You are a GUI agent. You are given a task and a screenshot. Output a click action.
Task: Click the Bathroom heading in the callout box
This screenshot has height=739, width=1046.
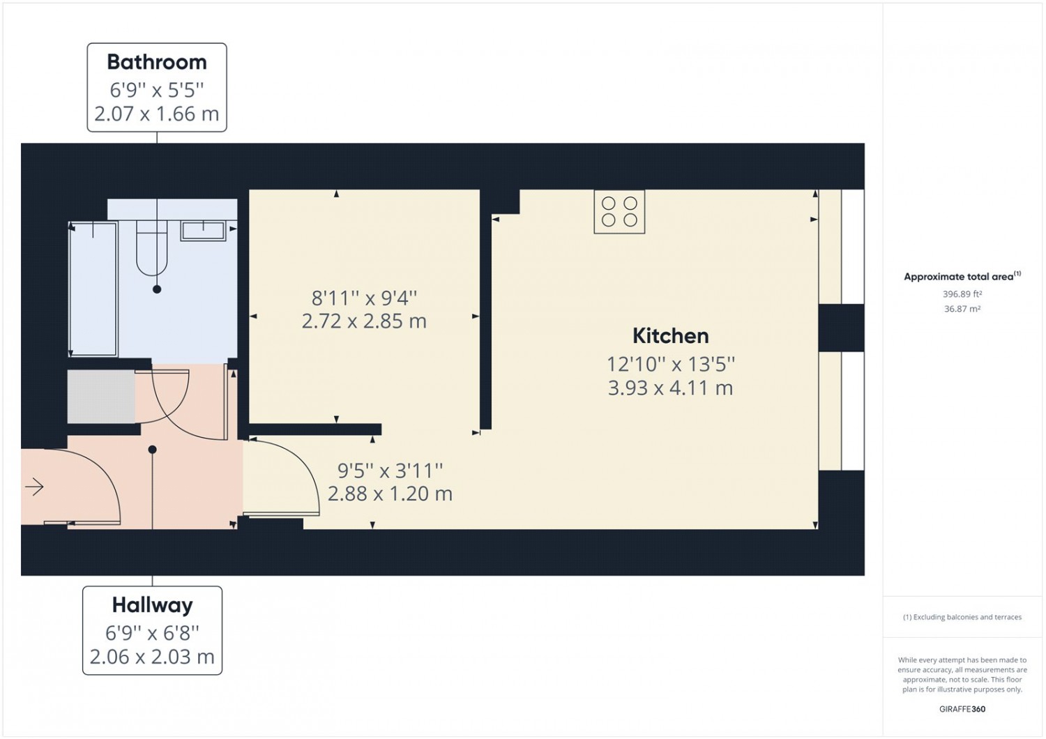click(x=157, y=62)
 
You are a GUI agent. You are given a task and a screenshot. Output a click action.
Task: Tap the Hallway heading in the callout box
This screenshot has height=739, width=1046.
click(x=152, y=605)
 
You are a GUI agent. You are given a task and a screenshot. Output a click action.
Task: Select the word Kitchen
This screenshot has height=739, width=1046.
click(x=671, y=335)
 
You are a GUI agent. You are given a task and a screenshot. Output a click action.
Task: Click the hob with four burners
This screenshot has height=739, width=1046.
click(x=619, y=211)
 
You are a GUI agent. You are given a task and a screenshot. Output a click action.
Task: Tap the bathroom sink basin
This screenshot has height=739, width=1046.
click(x=203, y=231)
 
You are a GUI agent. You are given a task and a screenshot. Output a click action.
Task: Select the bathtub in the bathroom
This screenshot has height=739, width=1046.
click(x=93, y=289)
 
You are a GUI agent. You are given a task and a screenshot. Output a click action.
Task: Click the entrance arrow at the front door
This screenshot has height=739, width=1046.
click(x=35, y=487)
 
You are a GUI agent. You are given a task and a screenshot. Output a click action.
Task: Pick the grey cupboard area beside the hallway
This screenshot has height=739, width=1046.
click(x=101, y=397)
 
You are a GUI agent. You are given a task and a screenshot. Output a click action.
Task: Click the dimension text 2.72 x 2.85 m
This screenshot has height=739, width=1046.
click(x=364, y=321)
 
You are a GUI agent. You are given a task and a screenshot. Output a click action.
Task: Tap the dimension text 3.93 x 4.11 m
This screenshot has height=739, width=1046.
click(x=671, y=388)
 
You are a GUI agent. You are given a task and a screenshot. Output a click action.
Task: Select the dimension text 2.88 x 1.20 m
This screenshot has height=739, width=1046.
click(x=390, y=494)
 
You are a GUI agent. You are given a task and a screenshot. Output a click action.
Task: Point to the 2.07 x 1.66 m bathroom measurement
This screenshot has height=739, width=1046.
click(x=157, y=114)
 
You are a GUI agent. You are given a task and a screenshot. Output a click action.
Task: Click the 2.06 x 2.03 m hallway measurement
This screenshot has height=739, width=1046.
click(x=152, y=657)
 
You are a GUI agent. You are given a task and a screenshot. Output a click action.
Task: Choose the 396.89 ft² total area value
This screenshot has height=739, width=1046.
click(x=962, y=294)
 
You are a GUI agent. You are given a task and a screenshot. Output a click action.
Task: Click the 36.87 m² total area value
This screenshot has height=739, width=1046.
click(x=962, y=309)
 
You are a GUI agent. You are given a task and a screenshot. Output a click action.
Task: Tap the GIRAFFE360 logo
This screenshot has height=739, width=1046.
click(x=962, y=709)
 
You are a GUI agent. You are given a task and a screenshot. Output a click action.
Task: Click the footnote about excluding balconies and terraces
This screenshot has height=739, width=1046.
click(x=962, y=617)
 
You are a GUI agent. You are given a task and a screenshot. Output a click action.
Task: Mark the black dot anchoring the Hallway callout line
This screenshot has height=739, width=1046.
click(x=152, y=450)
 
